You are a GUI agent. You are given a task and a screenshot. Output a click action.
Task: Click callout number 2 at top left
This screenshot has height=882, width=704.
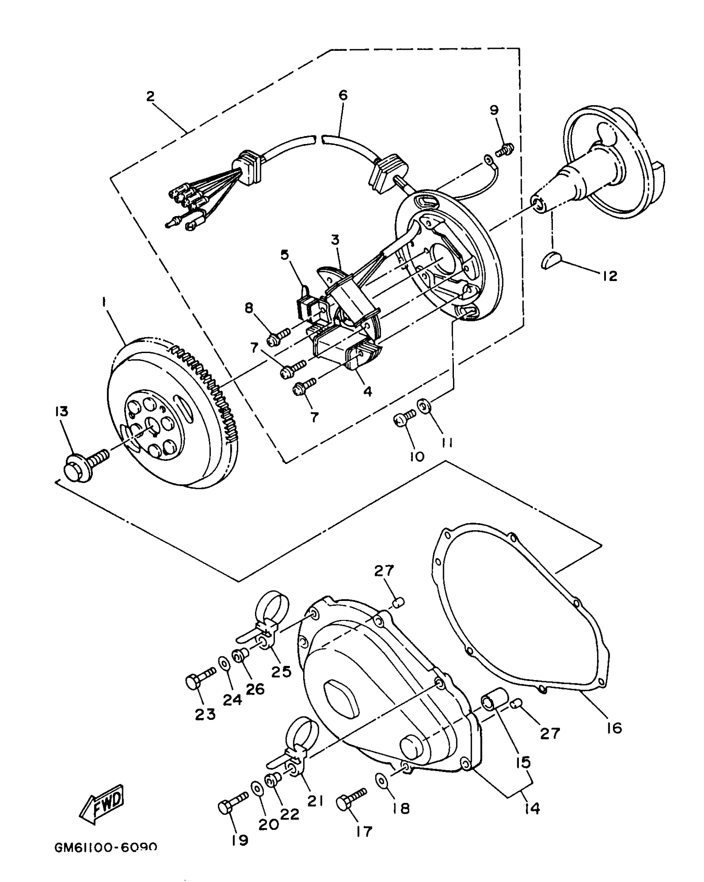pyautogui.click(x=150, y=96)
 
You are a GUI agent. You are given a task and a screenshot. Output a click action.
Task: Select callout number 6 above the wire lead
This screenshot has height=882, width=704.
pyautogui.click(x=343, y=95)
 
